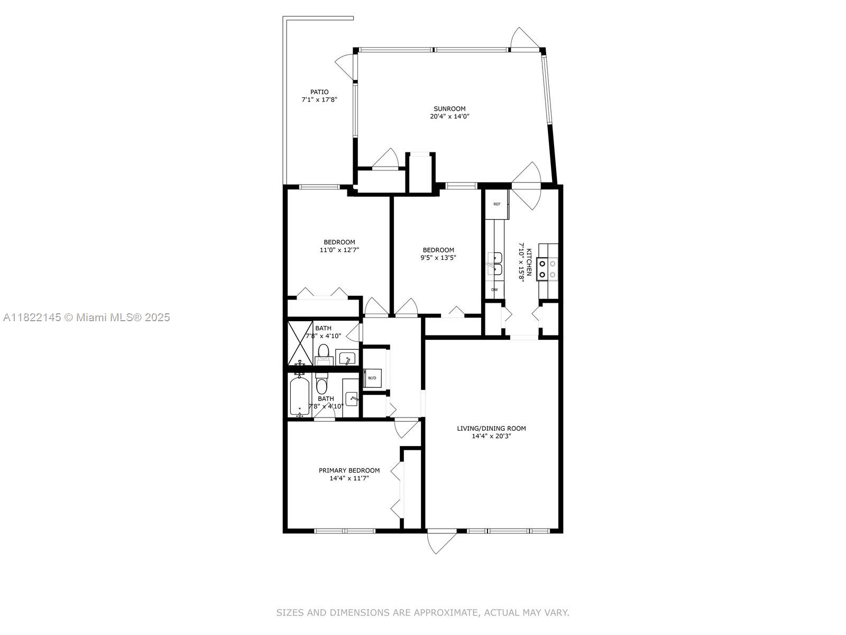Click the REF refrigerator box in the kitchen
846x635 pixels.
pos(497,204)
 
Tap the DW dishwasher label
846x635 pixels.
pos(494,289)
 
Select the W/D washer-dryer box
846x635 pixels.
pos(372,378)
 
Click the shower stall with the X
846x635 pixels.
pos(301,343)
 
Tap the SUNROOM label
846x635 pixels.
pos(449,108)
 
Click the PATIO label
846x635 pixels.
pos(319,92)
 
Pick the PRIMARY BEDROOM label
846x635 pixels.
pos(349,470)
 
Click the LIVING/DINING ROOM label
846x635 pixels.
pos(491,428)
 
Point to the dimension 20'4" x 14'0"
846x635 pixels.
pos(449,116)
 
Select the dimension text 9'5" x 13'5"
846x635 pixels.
pos(438,258)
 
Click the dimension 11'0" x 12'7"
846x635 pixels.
pos(339,250)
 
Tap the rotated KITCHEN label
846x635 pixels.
pos(529,262)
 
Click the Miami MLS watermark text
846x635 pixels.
pos(86,317)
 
